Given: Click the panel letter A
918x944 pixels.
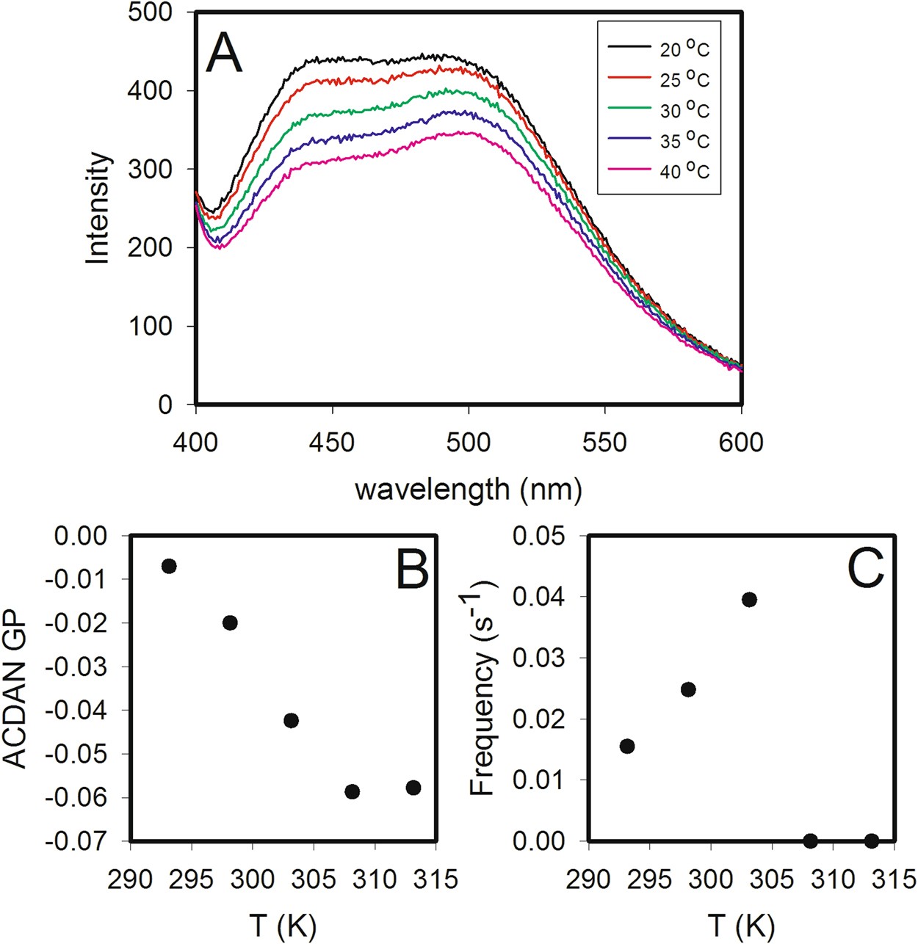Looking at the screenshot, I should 224,54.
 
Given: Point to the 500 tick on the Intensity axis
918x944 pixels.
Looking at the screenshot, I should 150,12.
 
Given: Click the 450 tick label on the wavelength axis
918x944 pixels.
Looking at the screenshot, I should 333,443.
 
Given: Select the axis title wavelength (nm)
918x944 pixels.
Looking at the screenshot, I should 469,489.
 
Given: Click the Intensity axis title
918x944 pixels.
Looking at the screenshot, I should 98,208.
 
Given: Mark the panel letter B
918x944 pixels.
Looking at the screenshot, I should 412,569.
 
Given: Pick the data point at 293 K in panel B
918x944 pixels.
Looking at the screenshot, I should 169,566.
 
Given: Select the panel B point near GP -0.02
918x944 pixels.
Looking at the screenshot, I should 230,622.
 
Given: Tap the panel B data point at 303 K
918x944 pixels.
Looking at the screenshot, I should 291,720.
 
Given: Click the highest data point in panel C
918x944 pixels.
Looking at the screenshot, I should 749,600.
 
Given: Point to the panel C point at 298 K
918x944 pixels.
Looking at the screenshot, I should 688,689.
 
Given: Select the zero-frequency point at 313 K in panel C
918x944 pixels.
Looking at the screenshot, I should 871,840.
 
